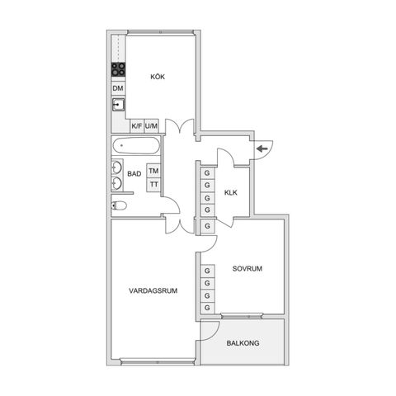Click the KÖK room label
(158, 77)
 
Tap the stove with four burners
(118, 70)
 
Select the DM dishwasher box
(118, 88)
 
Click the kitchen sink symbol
(118, 105)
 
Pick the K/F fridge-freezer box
(136, 126)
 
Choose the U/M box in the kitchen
(151, 126)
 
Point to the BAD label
(134, 175)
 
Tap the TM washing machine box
(153, 171)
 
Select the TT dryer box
(153, 184)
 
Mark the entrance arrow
(262, 148)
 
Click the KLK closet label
(230, 193)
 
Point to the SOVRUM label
(247, 269)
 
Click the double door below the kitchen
(178, 130)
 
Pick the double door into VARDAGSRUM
(172, 221)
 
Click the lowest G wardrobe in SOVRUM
(206, 308)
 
